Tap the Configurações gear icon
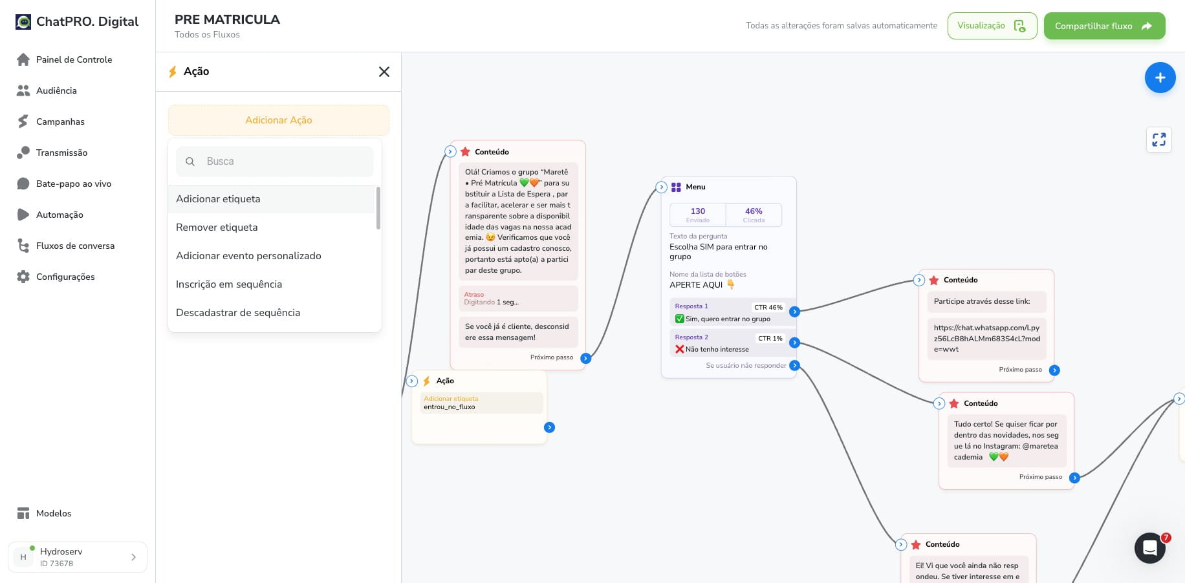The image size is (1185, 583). point(23,277)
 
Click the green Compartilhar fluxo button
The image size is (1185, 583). point(1104,26)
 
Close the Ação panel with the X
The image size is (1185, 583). point(384,72)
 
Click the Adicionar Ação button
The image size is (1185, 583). point(279,120)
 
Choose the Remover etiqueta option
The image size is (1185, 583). point(217,228)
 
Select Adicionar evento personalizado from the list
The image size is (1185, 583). point(248,256)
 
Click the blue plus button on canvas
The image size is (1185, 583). point(1160,78)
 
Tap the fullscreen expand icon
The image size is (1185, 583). point(1159,140)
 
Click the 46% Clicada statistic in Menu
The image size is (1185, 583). point(754,215)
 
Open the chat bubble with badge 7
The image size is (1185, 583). point(1150,548)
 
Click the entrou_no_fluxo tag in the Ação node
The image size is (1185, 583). point(450,407)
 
